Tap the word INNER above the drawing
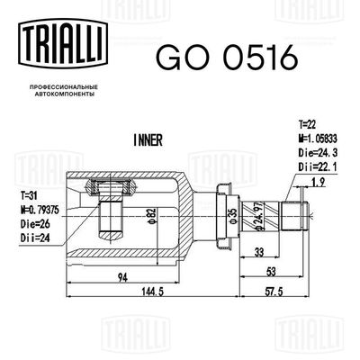[146, 140]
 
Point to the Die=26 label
[32, 221]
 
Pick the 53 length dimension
[270, 269]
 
